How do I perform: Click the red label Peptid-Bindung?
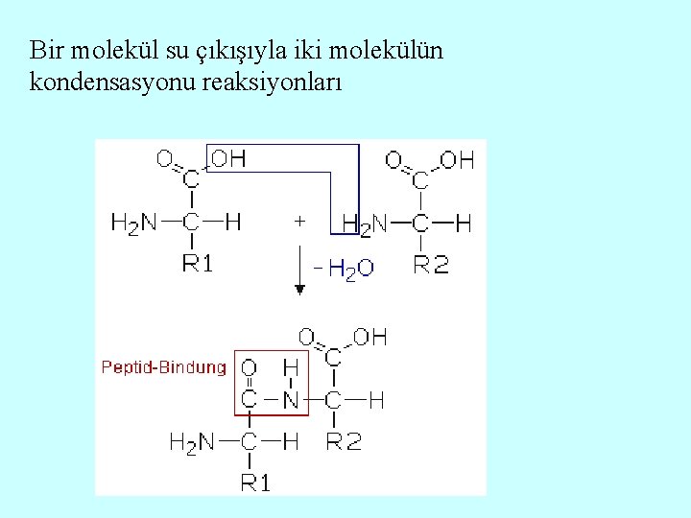(164, 366)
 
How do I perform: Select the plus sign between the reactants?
(299, 221)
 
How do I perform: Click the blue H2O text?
(351, 270)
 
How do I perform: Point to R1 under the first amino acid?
(197, 264)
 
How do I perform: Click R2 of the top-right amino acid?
(431, 264)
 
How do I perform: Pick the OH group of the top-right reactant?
(457, 160)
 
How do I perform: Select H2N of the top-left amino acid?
(134, 224)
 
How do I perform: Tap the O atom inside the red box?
(249, 367)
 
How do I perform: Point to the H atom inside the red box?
(290, 367)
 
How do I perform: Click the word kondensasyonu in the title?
(113, 82)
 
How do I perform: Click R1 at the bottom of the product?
(254, 483)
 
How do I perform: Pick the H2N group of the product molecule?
(191, 442)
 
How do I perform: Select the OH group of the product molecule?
(369, 337)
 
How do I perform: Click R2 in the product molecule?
(344, 442)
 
